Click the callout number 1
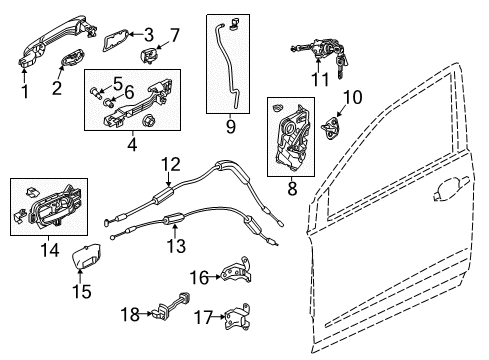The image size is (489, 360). pos(25,92)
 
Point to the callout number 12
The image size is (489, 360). pos(171,163)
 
